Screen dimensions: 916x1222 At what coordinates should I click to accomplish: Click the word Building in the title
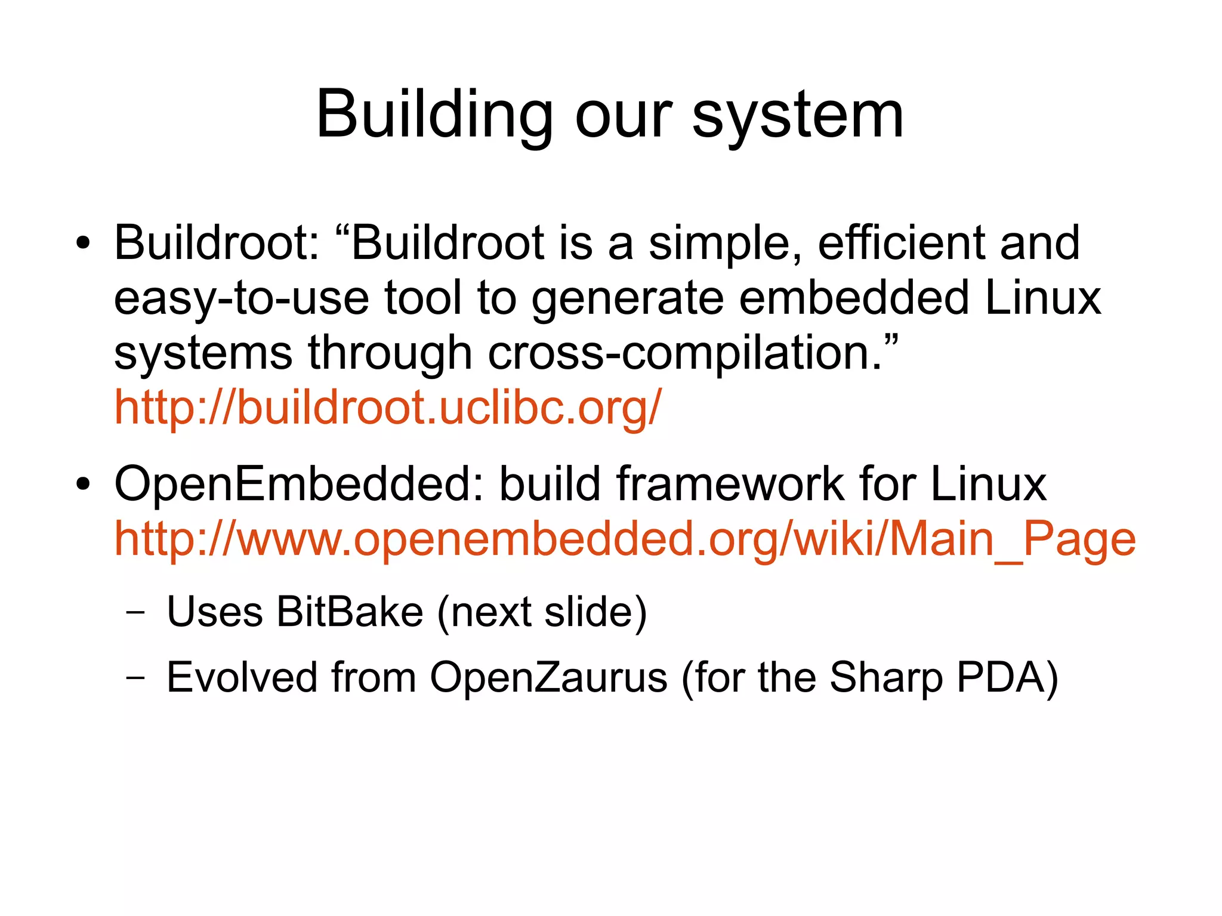pyautogui.click(x=434, y=115)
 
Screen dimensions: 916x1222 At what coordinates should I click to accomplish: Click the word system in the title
pyautogui.click(x=798, y=115)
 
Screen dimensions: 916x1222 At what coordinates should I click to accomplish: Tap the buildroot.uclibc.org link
pyautogui.click(x=388, y=407)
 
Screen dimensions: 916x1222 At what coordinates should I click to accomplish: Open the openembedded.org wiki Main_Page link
pyautogui.click(x=625, y=539)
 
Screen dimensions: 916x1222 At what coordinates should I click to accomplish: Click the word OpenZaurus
pyautogui.click(x=548, y=678)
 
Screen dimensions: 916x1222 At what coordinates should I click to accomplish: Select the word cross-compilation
pyautogui.click(x=685, y=353)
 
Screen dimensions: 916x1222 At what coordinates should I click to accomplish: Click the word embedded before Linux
pyautogui.click(x=854, y=298)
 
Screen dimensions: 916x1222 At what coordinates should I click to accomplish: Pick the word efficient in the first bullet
pyautogui.click(x=901, y=243)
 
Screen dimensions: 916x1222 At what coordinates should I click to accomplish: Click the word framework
pyautogui.click(x=730, y=484)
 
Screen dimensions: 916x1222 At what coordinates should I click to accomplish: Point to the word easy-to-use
pyautogui.click(x=242, y=298)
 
